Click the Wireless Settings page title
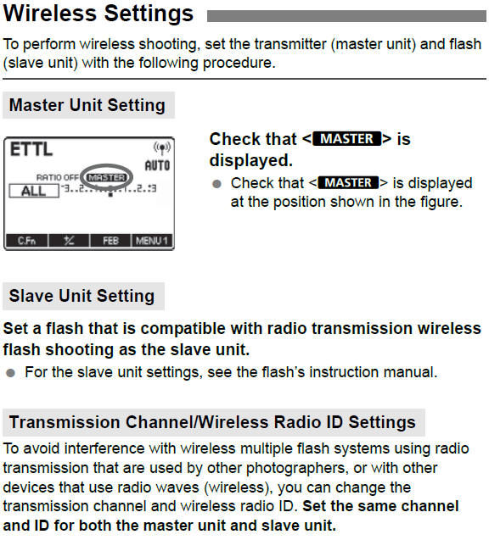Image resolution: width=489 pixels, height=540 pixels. tap(98, 14)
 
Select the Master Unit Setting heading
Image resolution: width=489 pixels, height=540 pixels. tap(87, 105)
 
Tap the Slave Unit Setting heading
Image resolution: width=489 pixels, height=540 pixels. tap(81, 296)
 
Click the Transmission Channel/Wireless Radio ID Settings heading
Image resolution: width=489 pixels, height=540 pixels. tap(212, 422)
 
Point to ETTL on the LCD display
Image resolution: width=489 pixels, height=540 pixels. tap(31, 149)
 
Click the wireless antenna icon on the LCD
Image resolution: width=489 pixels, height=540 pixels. tap(162, 148)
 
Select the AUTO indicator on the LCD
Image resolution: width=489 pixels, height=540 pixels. tap(157, 165)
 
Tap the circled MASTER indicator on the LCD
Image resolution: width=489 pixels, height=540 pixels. tap(107, 178)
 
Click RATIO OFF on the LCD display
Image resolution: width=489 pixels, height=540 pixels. tap(58, 178)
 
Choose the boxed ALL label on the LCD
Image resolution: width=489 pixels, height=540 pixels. tap(34, 191)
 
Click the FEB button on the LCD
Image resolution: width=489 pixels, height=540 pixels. tap(110, 241)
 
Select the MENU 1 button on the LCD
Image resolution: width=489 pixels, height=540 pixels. tap(152, 241)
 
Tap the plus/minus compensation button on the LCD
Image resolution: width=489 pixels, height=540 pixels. tap(69, 241)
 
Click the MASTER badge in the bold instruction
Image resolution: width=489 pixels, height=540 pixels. tap(346, 139)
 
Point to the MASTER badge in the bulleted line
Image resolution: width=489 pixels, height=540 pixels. tap(348, 182)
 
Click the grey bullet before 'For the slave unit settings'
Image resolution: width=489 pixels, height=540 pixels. tap(11, 373)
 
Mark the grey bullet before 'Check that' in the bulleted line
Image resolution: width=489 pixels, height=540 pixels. tap(216, 184)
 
